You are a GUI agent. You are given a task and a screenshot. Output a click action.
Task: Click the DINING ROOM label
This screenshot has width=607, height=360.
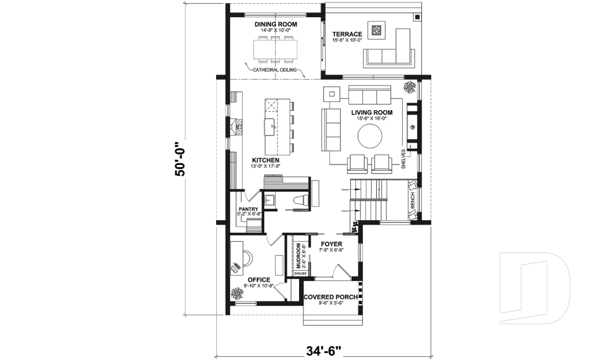[275, 24]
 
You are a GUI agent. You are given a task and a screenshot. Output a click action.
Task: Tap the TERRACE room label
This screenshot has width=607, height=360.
[346, 34]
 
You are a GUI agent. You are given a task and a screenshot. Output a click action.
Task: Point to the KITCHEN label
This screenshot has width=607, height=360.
[266, 160]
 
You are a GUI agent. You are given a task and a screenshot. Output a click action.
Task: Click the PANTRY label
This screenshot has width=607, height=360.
[248, 208]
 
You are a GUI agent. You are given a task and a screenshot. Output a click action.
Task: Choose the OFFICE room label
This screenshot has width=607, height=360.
[259, 280]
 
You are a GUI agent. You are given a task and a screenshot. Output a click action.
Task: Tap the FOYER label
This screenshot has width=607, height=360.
[331, 243]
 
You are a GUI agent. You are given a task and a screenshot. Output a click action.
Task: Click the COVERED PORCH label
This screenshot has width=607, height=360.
[331, 297]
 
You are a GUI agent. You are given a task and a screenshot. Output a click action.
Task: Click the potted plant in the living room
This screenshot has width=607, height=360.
[410, 86]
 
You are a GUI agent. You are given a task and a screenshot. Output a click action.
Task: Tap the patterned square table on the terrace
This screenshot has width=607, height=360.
[377, 30]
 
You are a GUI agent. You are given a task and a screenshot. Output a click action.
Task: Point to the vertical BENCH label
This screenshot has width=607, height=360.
[412, 201]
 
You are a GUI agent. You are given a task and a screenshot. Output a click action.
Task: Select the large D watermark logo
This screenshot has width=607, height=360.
[534, 288]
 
